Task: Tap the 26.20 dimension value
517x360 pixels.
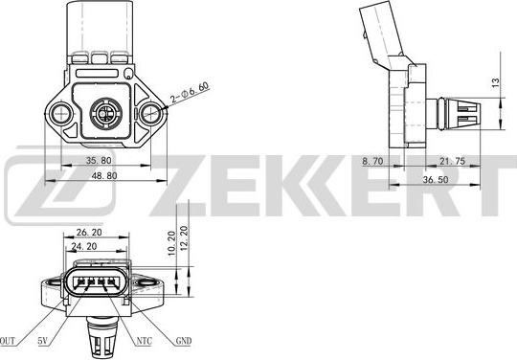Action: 90,232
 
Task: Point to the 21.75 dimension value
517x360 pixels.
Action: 452,163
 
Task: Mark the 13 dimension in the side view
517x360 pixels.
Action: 493,82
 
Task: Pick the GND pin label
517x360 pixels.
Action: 183,339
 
